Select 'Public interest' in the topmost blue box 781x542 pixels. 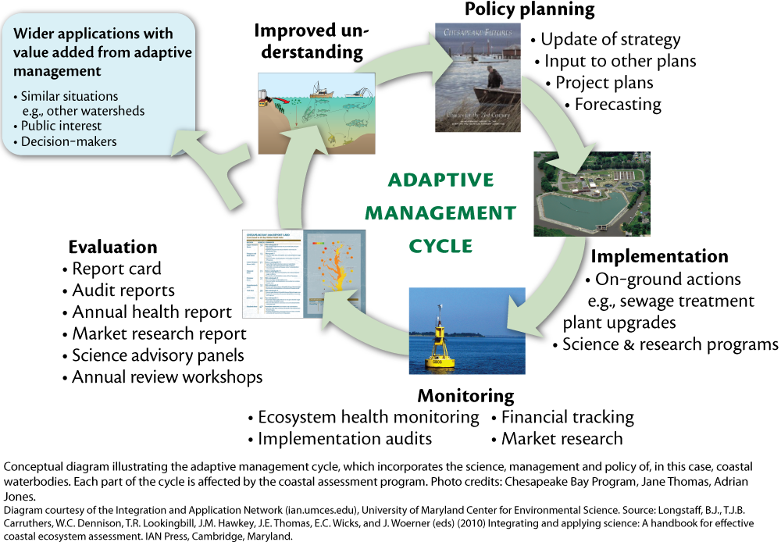click(x=61, y=126)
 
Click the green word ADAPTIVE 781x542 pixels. click(x=440, y=180)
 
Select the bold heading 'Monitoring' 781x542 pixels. click(x=469, y=396)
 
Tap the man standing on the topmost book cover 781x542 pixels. click(x=494, y=77)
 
